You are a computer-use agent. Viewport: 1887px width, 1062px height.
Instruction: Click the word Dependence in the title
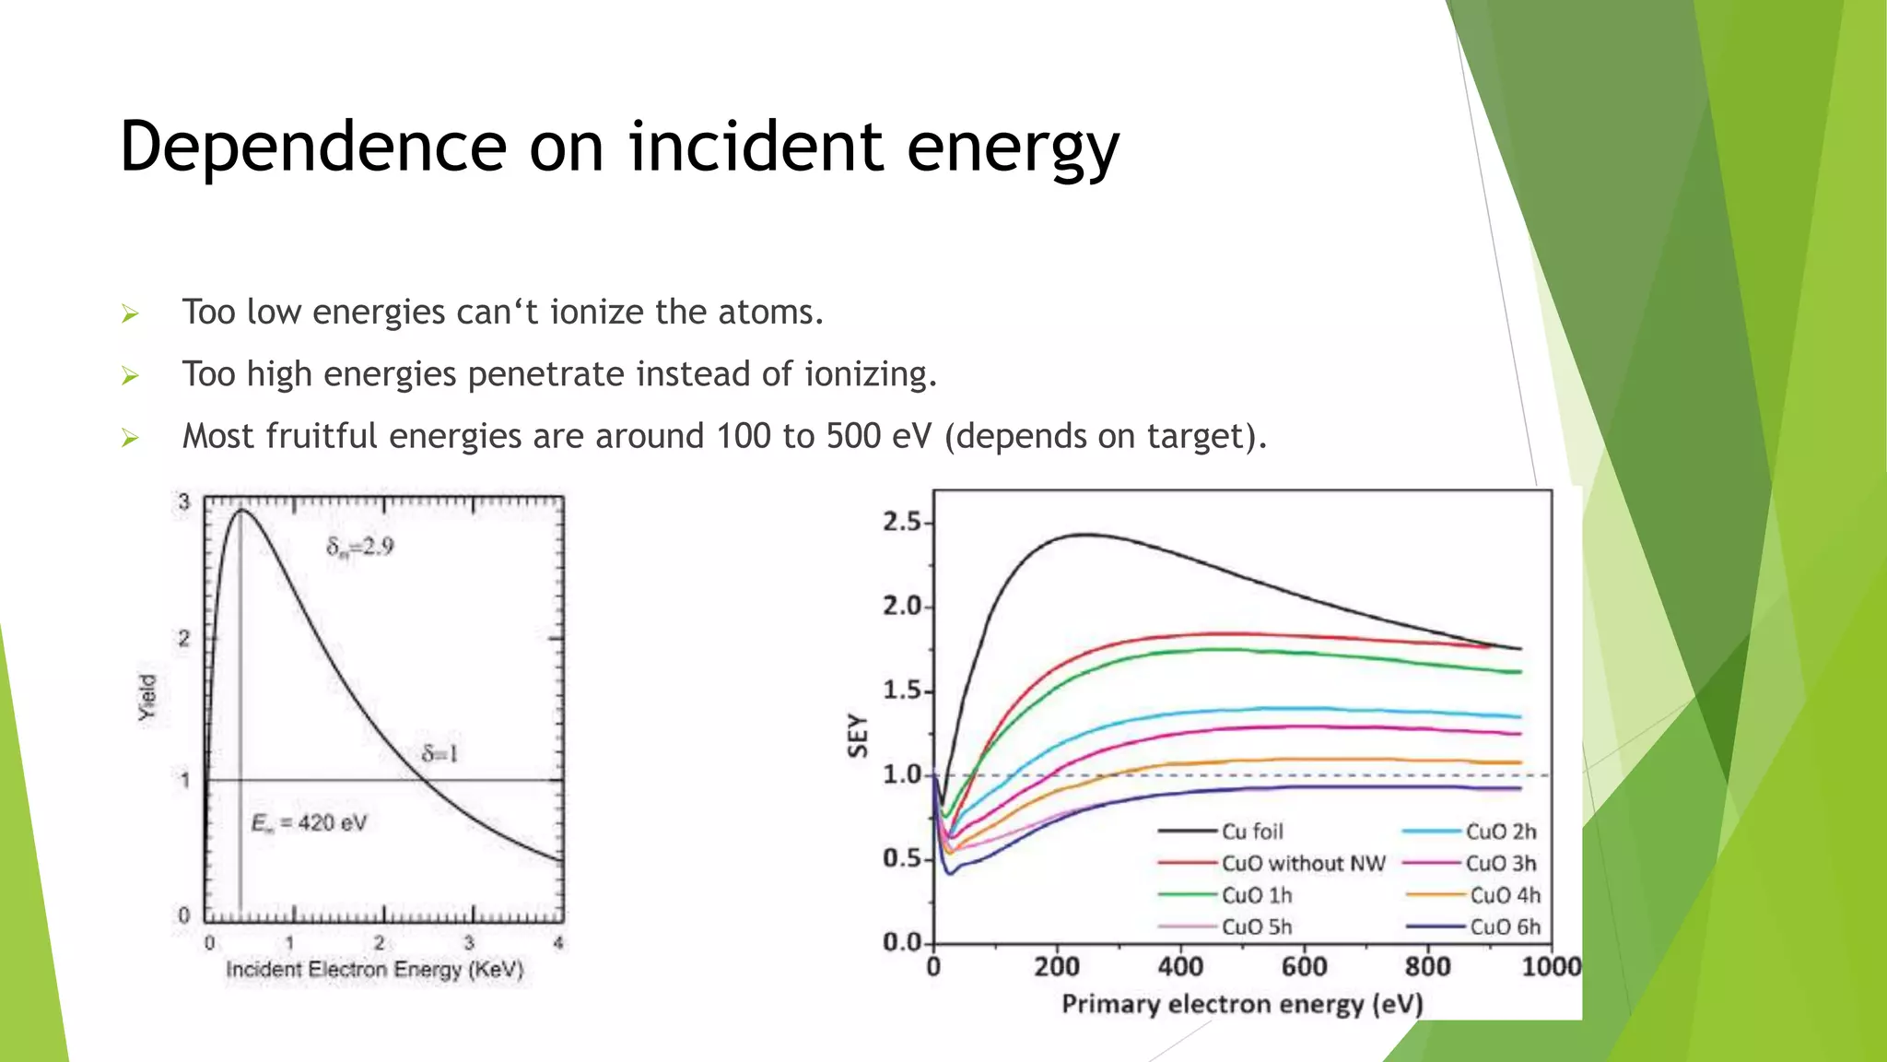coord(313,147)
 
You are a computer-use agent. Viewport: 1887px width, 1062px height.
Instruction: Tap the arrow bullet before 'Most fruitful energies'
coord(130,438)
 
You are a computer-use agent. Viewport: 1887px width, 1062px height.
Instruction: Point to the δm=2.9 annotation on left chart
coord(359,548)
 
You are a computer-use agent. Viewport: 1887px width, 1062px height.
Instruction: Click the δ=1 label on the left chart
coord(440,754)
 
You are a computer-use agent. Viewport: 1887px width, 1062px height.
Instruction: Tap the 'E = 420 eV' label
coord(309,822)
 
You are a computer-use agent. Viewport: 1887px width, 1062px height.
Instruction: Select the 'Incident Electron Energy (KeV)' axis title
coord(374,970)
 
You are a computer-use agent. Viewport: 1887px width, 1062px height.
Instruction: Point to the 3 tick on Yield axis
coord(184,502)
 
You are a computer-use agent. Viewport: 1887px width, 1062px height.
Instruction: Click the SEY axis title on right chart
coord(858,735)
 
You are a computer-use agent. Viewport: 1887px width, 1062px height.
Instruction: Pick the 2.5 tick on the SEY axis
coord(901,522)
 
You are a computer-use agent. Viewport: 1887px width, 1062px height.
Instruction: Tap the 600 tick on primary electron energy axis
coord(1304,967)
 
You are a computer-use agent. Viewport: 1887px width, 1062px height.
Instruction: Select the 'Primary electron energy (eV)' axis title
coord(1242,1004)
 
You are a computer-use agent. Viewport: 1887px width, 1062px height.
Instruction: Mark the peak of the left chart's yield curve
coord(241,510)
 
